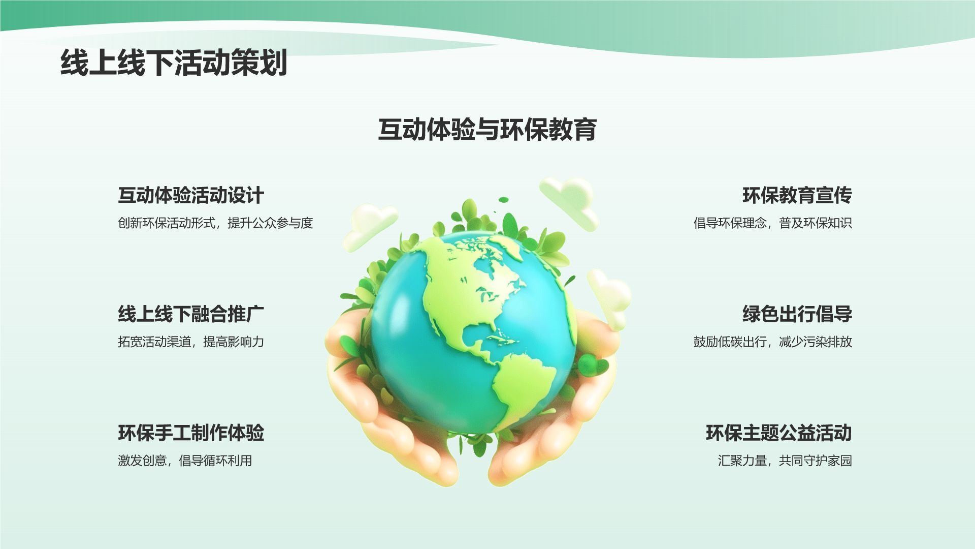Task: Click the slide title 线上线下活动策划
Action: coord(174,63)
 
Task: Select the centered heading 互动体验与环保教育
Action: coord(487,129)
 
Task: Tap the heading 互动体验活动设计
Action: coord(191,195)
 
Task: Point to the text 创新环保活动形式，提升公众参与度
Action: coord(215,223)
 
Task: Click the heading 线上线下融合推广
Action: coord(191,314)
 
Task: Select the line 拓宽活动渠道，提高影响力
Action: coord(191,342)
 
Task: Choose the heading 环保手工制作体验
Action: coord(191,433)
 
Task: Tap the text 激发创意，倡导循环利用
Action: coord(185,461)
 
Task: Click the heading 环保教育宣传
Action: coord(797,195)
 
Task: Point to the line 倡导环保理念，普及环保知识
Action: coord(773,223)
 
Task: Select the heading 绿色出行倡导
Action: coord(797,314)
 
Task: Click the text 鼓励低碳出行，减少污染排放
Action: coord(773,342)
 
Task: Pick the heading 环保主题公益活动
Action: coord(779,433)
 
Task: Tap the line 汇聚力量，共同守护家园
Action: coord(785,461)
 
